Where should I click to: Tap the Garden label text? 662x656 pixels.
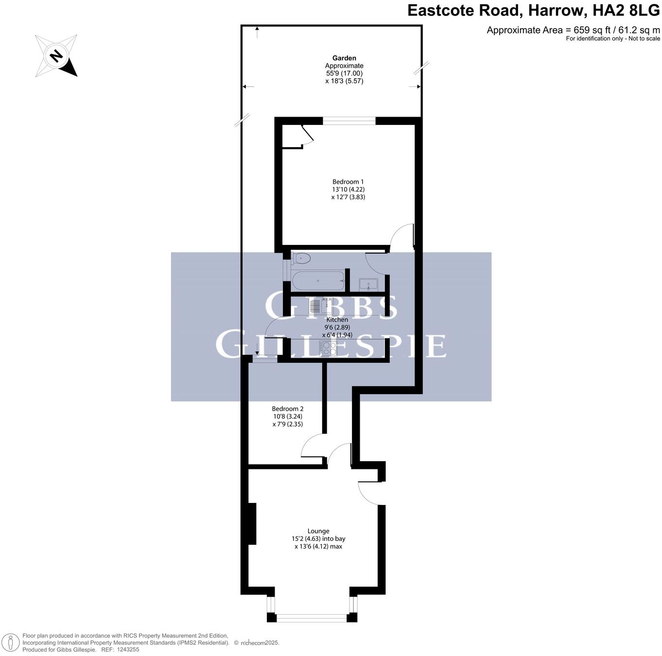click(x=344, y=58)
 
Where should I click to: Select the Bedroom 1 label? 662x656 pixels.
click(x=348, y=182)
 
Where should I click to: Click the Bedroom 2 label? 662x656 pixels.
click(x=288, y=409)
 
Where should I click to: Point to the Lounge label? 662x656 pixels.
click(x=318, y=531)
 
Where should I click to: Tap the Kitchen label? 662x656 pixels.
click(x=337, y=320)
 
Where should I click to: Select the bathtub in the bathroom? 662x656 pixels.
click(x=318, y=281)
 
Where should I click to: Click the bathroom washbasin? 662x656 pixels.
click(x=368, y=284)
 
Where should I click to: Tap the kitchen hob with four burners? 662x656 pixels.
click(x=328, y=348)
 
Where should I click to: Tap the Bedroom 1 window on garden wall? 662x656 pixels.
click(x=349, y=121)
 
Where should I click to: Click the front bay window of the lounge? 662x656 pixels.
click(x=312, y=618)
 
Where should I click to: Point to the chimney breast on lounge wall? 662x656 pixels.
click(x=252, y=524)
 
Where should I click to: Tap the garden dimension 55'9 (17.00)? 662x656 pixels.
click(x=344, y=73)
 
